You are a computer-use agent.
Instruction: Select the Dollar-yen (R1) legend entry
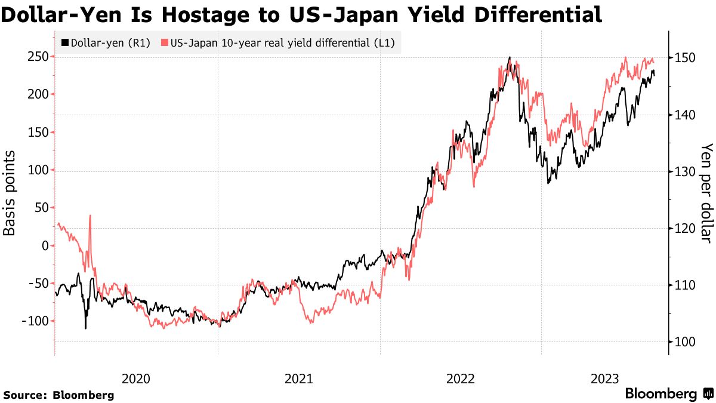106,43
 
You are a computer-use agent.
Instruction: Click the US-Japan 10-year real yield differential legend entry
281,43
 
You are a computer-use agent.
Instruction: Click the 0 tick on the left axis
45,245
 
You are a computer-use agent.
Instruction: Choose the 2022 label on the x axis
460,379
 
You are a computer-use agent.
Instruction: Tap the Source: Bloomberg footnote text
58,395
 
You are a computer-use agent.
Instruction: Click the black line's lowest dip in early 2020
85,328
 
